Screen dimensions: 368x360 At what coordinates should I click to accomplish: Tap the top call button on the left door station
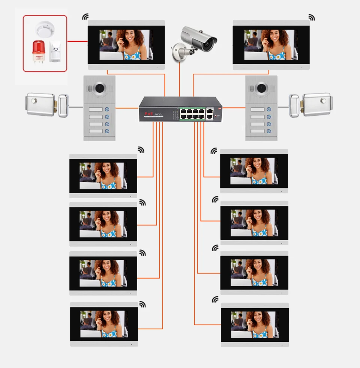pos(107,109)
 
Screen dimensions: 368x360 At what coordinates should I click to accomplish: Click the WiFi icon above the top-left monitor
pos(86,17)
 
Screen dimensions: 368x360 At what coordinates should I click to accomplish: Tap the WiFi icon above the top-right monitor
pos(312,17)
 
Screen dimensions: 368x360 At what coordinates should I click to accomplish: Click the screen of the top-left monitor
pos(126,45)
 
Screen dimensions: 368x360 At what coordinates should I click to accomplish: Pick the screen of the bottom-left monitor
pos(103,324)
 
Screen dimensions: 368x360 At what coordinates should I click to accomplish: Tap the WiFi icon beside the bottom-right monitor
pos(215,299)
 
